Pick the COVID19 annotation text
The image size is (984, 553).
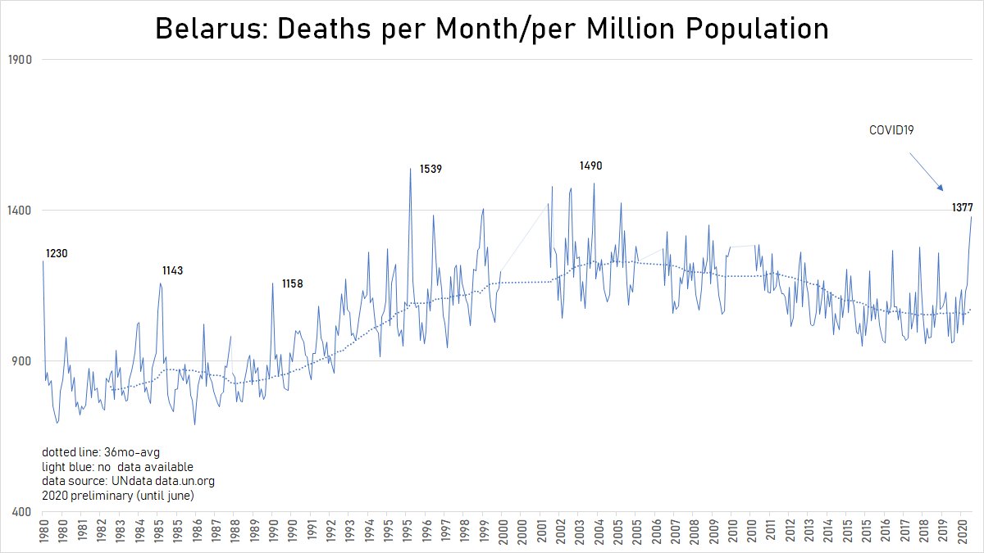tap(892, 130)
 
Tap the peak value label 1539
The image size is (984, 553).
tap(430, 170)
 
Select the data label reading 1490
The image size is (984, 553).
tap(590, 166)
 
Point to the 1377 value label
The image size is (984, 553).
tap(962, 208)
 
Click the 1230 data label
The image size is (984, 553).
tap(57, 254)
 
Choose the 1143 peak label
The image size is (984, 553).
tap(172, 271)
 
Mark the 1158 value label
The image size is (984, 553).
tap(293, 284)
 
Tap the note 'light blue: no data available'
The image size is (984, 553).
tap(117, 467)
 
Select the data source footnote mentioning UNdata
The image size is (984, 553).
tap(127, 481)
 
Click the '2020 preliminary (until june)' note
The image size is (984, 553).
tap(116, 495)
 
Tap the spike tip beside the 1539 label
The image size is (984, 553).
tap(410, 170)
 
